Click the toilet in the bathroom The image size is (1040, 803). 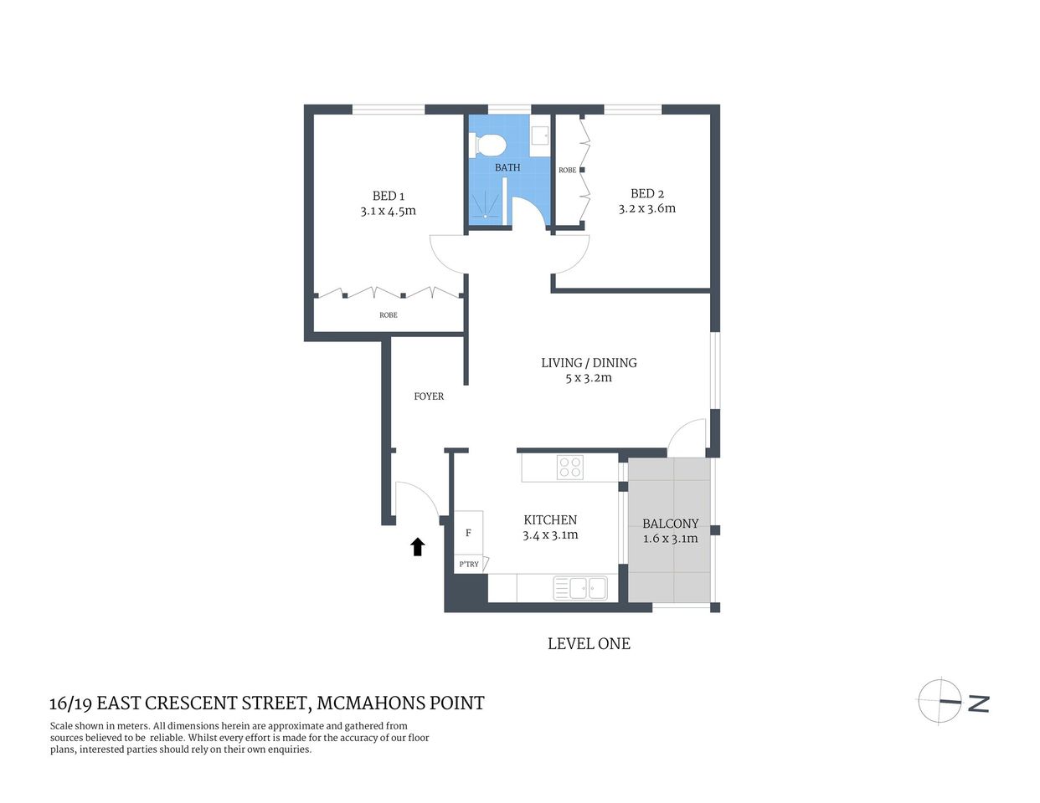point(490,146)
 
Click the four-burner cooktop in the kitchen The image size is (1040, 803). point(570,467)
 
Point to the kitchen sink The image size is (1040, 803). point(579,588)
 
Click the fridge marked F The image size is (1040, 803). point(468,532)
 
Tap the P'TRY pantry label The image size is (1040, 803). point(469,565)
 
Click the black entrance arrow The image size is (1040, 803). point(417,547)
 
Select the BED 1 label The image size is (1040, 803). point(389,196)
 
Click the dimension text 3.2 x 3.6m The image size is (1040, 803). point(646,208)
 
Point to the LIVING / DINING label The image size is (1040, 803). point(589,362)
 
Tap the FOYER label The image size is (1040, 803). point(429,396)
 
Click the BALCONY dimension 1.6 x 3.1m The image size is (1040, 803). point(670,539)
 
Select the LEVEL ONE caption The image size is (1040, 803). point(589,643)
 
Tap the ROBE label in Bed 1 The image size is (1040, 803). point(389,315)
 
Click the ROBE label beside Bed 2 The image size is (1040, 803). point(567,171)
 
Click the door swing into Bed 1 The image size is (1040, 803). point(448,253)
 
